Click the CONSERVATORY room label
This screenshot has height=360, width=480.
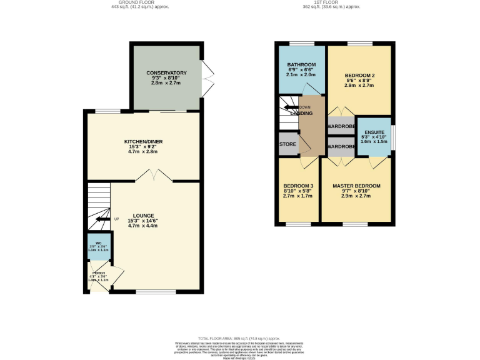pyautogui.click(x=167, y=73)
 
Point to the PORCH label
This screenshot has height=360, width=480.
pyautogui.click(x=99, y=273)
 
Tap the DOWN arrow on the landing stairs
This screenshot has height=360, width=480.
pyautogui.click(x=290, y=107)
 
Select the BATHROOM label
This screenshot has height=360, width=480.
pyautogui.click(x=301, y=65)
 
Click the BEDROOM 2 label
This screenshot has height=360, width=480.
pyautogui.click(x=359, y=76)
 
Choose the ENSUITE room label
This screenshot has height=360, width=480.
pyautogui.click(x=374, y=132)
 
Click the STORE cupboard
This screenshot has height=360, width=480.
pyautogui.click(x=287, y=144)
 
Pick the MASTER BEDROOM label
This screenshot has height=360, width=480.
pyautogui.click(x=356, y=186)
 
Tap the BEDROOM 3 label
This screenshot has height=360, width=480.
pyautogui.click(x=298, y=186)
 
